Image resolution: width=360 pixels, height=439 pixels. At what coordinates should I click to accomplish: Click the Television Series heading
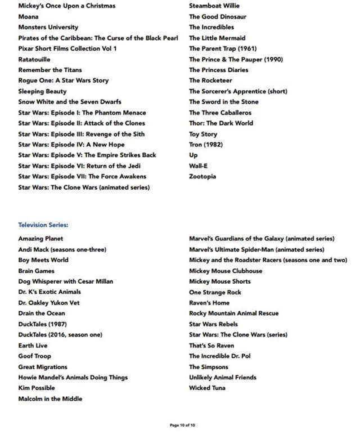pyautogui.click(x=43, y=225)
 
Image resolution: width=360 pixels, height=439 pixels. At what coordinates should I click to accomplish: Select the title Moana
pyautogui.click(x=28, y=16)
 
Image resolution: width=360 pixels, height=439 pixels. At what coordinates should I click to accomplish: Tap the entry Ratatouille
pyautogui.click(x=34, y=59)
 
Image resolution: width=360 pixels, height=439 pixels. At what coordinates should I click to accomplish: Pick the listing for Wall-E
pyautogui.click(x=199, y=166)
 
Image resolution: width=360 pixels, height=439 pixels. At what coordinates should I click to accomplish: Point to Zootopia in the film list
pyautogui.click(x=202, y=177)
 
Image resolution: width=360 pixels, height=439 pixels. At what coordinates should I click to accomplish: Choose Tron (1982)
pyautogui.click(x=206, y=145)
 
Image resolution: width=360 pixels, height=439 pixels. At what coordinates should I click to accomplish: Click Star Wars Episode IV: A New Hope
pyautogui.click(x=71, y=145)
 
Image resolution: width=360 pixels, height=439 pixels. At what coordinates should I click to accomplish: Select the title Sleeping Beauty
pyautogui.click(x=42, y=91)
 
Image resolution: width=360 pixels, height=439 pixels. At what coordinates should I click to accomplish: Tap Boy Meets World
pyautogui.click(x=43, y=260)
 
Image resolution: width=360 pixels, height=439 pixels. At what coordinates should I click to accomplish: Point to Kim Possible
pyautogui.click(x=37, y=388)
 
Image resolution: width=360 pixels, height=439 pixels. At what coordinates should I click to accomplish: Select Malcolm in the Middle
pyautogui.click(x=50, y=398)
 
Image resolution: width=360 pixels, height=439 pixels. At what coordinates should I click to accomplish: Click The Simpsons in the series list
pyautogui.click(x=209, y=367)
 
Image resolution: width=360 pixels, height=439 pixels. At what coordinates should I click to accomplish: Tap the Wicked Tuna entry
pyautogui.click(x=208, y=388)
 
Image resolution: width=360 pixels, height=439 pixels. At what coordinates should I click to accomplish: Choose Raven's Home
pyautogui.click(x=209, y=303)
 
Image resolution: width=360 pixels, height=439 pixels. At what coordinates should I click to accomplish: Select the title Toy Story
pyautogui.click(x=203, y=134)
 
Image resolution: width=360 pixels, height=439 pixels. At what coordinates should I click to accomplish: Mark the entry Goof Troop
pyautogui.click(x=34, y=356)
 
